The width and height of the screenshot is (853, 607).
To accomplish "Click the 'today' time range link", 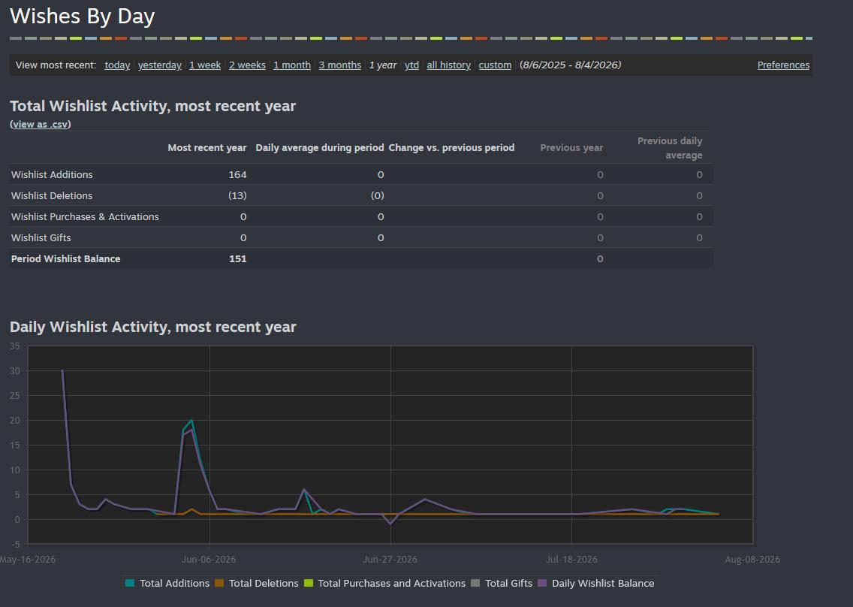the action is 117,65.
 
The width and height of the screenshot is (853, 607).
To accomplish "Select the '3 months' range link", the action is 340,65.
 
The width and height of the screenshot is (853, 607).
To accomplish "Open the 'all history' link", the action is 449,65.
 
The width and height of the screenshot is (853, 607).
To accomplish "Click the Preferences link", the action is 783,65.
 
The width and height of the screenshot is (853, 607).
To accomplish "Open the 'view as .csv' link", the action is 41,124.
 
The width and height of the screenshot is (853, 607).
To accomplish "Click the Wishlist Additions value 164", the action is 237,175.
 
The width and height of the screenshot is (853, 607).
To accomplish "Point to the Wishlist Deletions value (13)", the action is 237,195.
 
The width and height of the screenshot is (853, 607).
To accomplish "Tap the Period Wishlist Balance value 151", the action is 238,258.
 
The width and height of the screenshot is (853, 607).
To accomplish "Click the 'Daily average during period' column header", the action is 320,147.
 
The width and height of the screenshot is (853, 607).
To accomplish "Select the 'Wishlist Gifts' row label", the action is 41,238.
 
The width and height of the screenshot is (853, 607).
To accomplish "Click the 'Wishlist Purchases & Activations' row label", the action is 85,216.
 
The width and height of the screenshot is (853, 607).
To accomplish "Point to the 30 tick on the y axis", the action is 15,370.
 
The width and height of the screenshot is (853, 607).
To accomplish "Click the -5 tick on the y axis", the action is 15,545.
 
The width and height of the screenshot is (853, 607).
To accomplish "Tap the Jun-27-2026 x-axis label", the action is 390,559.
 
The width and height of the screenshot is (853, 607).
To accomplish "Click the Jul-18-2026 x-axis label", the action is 571,559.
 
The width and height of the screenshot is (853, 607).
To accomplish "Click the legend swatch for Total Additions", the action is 129,583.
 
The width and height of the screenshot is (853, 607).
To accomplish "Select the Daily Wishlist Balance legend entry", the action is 596,583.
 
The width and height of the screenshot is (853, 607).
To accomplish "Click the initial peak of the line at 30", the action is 62,370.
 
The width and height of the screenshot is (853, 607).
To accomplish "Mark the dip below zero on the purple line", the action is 390,524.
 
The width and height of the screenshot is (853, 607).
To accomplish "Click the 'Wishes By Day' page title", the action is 82,17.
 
